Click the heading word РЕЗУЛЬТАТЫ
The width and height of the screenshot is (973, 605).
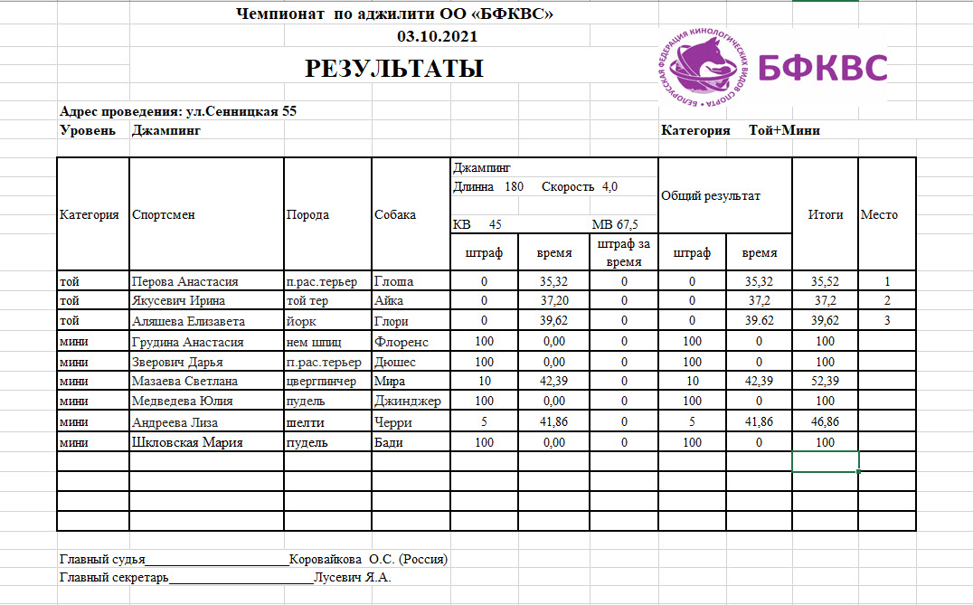(393, 69)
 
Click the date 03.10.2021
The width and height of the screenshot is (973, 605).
(438, 37)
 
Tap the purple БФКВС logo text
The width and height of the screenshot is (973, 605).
(822, 68)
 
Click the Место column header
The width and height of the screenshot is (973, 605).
(879, 215)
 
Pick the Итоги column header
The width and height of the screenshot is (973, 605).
(825, 215)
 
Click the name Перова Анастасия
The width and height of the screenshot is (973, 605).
(184, 282)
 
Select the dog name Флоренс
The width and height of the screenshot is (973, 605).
(401, 342)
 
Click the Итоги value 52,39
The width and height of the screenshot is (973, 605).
(825, 382)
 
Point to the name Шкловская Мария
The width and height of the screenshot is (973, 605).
(187, 443)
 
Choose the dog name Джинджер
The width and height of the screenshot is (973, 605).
(407, 402)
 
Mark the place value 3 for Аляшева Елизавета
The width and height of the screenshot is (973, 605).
(887, 321)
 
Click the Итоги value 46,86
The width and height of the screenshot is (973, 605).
(825, 422)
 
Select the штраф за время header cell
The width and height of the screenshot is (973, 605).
(623, 253)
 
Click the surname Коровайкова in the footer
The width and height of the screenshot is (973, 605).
(326, 559)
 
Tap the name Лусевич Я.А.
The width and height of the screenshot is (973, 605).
(352, 578)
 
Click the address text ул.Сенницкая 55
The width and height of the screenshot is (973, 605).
(241, 112)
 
